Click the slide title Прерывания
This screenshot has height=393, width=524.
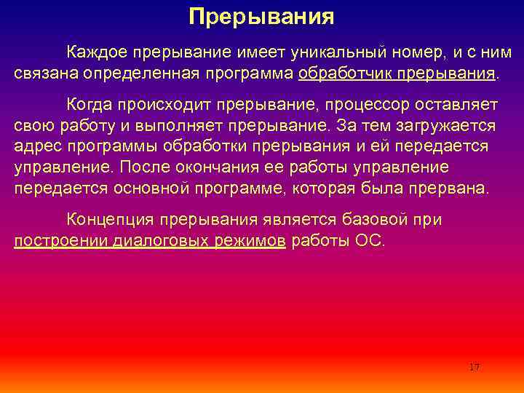pyautogui.click(x=261, y=17)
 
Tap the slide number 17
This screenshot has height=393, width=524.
pyautogui.click(x=475, y=367)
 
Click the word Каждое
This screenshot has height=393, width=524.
pyautogui.click(x=95, y=52)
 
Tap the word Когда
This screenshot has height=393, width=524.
pyautogui.click(x=90, y=104)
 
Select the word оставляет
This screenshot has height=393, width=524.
pyautogui.click(x=454, y=104)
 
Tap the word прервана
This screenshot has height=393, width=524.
pyautogui.click(x=453, y=188)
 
